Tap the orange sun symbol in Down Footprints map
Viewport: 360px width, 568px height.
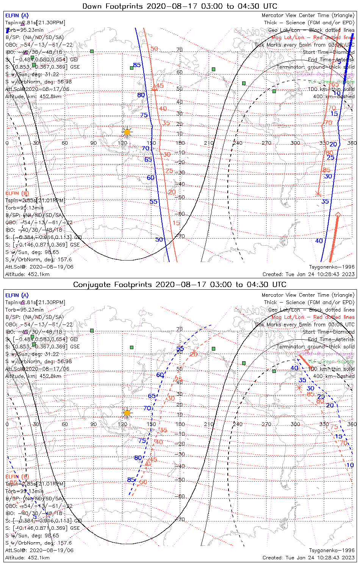tap(127, 132)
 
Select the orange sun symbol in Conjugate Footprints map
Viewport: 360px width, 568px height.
tap(127, 412)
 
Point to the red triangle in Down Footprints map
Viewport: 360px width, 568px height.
tap(154, 88)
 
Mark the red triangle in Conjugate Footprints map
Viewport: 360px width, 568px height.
tap(148, 462)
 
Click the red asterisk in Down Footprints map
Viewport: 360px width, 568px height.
tap(318, 194)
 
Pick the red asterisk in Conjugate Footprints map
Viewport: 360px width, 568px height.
tap(299, 387)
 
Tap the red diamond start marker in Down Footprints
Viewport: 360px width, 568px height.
tap(338, 215)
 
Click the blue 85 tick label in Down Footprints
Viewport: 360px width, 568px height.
tap(137, 65)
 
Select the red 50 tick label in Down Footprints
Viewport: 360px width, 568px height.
tap(154, 48)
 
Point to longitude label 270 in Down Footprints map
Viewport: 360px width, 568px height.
tap(266, 143)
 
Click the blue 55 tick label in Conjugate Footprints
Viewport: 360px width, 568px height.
tap(180, 348)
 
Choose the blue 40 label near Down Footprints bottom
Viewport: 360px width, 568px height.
tap(319, 240)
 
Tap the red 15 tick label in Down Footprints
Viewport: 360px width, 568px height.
tap(176, 223)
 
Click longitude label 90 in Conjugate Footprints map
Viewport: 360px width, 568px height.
tap(93, 424)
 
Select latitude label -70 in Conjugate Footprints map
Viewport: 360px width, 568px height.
tap(181, 519)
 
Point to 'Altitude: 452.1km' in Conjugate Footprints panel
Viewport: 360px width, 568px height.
tap(27, 557)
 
